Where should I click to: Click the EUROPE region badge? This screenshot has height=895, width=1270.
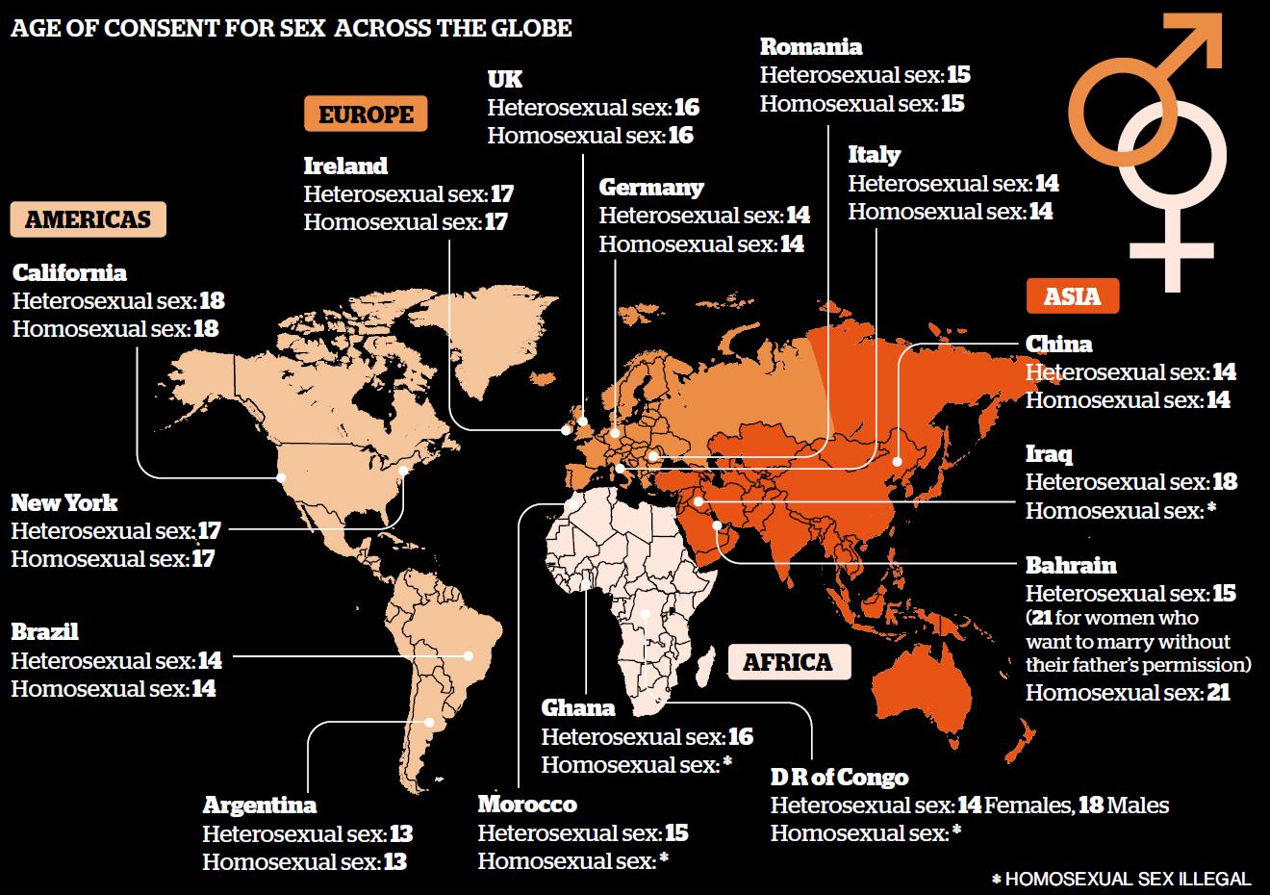point(366,115)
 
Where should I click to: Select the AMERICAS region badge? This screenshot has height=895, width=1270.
point(88,219)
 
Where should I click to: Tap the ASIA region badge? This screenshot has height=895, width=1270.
point(1073,295)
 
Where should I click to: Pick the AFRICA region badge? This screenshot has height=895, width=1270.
point(787,662)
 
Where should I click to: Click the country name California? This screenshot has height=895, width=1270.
point(69,273)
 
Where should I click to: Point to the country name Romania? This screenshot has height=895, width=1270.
point(810,46)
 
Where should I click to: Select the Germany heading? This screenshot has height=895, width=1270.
point(651,188)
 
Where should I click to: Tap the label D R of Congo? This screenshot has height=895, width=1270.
point(839,777)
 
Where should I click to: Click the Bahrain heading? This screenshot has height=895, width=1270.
point(1071,565)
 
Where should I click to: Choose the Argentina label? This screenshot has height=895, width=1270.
point(259,805)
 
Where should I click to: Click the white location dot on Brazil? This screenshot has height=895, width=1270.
point(469,656)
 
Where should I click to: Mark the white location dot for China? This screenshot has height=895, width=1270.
point(897,461)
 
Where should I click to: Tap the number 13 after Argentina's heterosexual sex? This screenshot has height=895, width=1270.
point(400,833)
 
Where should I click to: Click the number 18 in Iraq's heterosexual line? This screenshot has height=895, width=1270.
point(1224,482)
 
